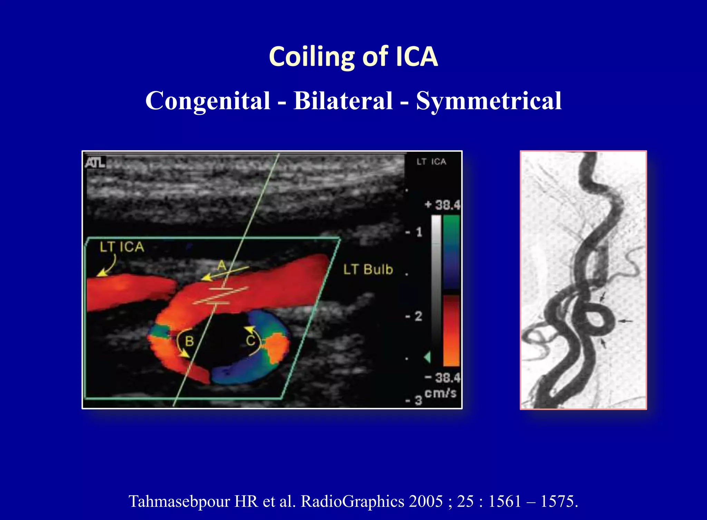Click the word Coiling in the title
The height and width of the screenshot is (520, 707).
tap(312, 57)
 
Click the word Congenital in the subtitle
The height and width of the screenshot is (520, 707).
tap(207, 101)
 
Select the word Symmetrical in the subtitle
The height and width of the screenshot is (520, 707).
tap(489, 101)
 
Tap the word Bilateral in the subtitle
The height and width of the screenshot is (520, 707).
tap(343, 101)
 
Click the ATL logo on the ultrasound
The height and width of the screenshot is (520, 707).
tap(95, 162)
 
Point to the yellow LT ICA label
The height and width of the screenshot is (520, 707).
tap(122, 247)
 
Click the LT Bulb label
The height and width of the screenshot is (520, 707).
tap(368, 270)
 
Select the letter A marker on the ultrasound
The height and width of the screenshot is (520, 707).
tap(222, 265)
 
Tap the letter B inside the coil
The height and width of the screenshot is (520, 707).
tap(189, 341)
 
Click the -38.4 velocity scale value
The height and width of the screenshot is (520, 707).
tap(443, 378)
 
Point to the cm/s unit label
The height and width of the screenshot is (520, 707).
tap(440, 393)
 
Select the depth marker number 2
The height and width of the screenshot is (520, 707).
tap(418, 316)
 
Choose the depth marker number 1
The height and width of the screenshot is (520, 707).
tap(419, 232)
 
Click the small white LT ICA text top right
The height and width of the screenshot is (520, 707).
tap(431, 162)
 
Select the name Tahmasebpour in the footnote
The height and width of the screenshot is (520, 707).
tap(179, 501)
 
